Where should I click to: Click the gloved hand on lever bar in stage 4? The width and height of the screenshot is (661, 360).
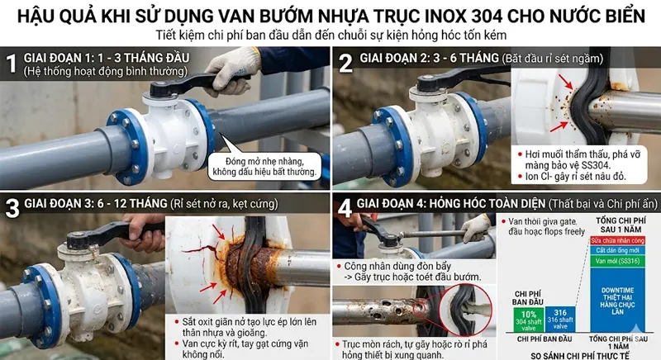[x=477, y=226]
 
